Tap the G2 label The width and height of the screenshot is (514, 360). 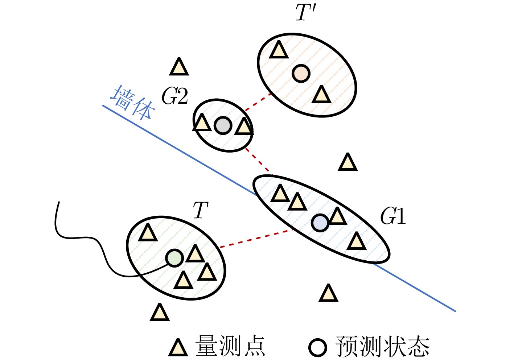(175, 96)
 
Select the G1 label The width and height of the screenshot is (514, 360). (393, 216)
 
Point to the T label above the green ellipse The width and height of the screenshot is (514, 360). (200, 211)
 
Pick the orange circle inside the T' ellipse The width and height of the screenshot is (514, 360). (301, 73)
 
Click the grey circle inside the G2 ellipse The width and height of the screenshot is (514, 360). (223, 125)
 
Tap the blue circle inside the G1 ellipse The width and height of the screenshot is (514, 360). (320, 223)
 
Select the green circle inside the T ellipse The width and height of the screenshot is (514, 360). (174, 258)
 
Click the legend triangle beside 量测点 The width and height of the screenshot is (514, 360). (178, 348)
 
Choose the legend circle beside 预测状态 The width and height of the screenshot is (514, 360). (318, 347)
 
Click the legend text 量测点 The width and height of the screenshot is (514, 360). (230, 346)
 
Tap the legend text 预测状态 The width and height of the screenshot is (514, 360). (383, 347)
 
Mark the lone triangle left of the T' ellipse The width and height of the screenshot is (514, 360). (179, 67)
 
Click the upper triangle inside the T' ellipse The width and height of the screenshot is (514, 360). (279, 50)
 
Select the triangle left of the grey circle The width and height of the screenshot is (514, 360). (202, 123)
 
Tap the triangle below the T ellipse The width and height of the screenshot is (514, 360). (160, 313)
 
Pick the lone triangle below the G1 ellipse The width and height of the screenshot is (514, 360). (328, 294)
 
